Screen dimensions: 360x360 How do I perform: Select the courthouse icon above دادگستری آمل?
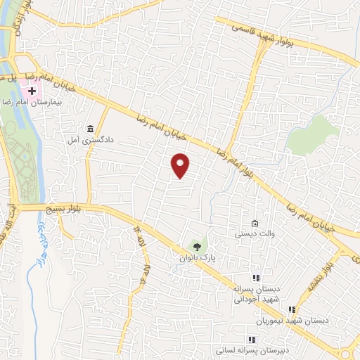pyautogui.click(x=90, y=129)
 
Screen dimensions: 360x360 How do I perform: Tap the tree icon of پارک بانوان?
pyautogui.click(x=198, y=247)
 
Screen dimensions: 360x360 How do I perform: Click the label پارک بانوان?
pyautogui.click(x=195, y=259)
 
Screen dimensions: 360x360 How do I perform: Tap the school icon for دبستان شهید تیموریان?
pyautogui.click(x=291, y=309)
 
